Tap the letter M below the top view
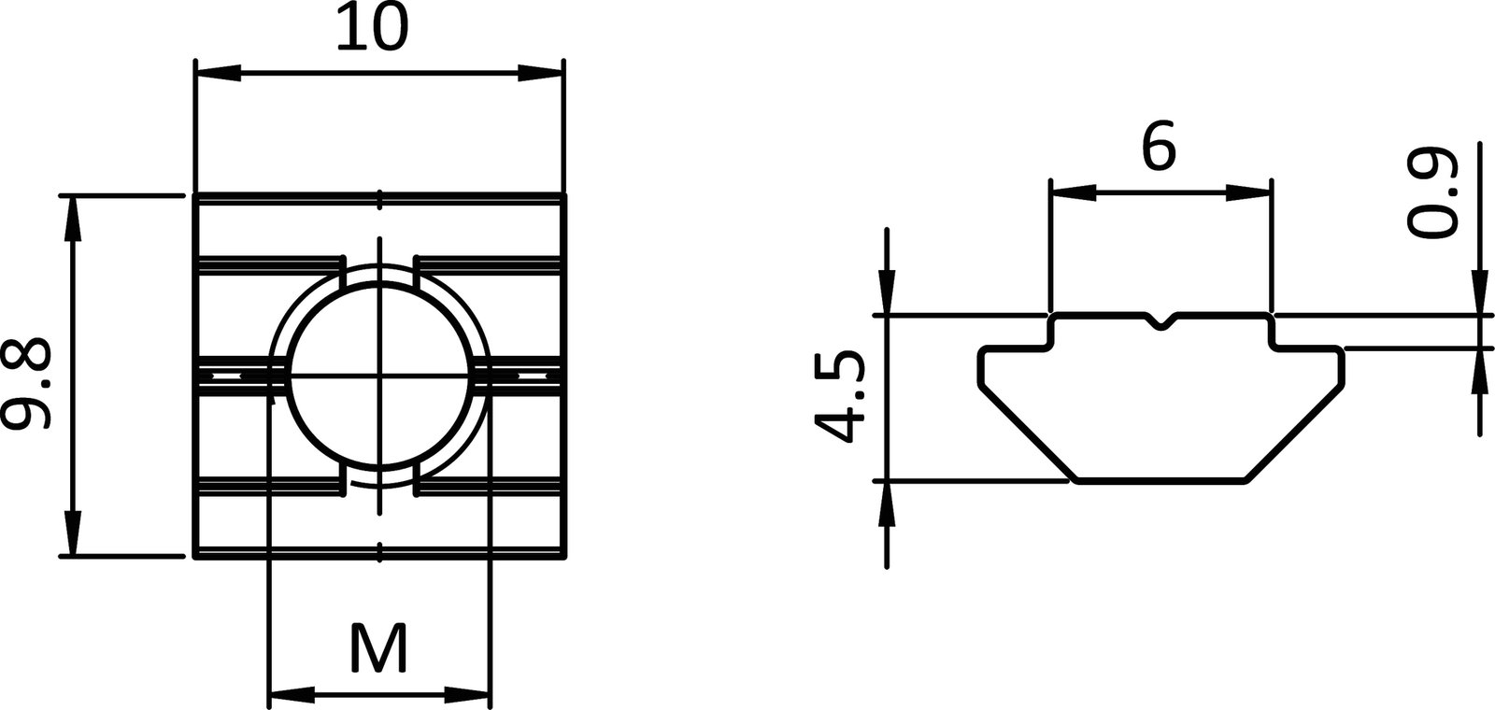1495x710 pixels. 378,647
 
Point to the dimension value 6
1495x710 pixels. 1159,148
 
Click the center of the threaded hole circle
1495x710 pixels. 379,376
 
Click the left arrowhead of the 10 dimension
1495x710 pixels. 217,73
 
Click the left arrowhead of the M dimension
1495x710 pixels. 291,695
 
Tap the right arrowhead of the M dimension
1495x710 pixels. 466,695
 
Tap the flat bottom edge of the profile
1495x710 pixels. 1161,482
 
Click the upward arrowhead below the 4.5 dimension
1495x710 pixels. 886,504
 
